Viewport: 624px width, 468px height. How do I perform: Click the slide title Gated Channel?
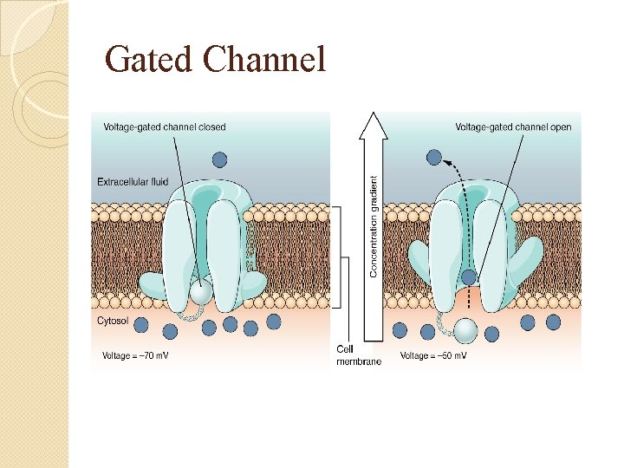pos(215,60)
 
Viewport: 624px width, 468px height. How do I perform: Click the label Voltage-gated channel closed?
pos(165,127)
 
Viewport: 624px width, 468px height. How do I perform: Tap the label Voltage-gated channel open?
pos(513,127)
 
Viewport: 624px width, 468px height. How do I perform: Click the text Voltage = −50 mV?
pos(433,355)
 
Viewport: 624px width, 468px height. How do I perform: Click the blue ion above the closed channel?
pos(220,159)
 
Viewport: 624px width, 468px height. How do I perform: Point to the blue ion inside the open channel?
pos(468,278)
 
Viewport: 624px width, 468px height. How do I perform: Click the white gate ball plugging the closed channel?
pos(201,294)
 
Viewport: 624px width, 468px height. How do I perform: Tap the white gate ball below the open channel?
pos(465,331)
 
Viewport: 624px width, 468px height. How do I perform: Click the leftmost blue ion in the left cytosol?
pos(141,326)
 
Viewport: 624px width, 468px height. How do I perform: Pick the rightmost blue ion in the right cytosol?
pos(553,322)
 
